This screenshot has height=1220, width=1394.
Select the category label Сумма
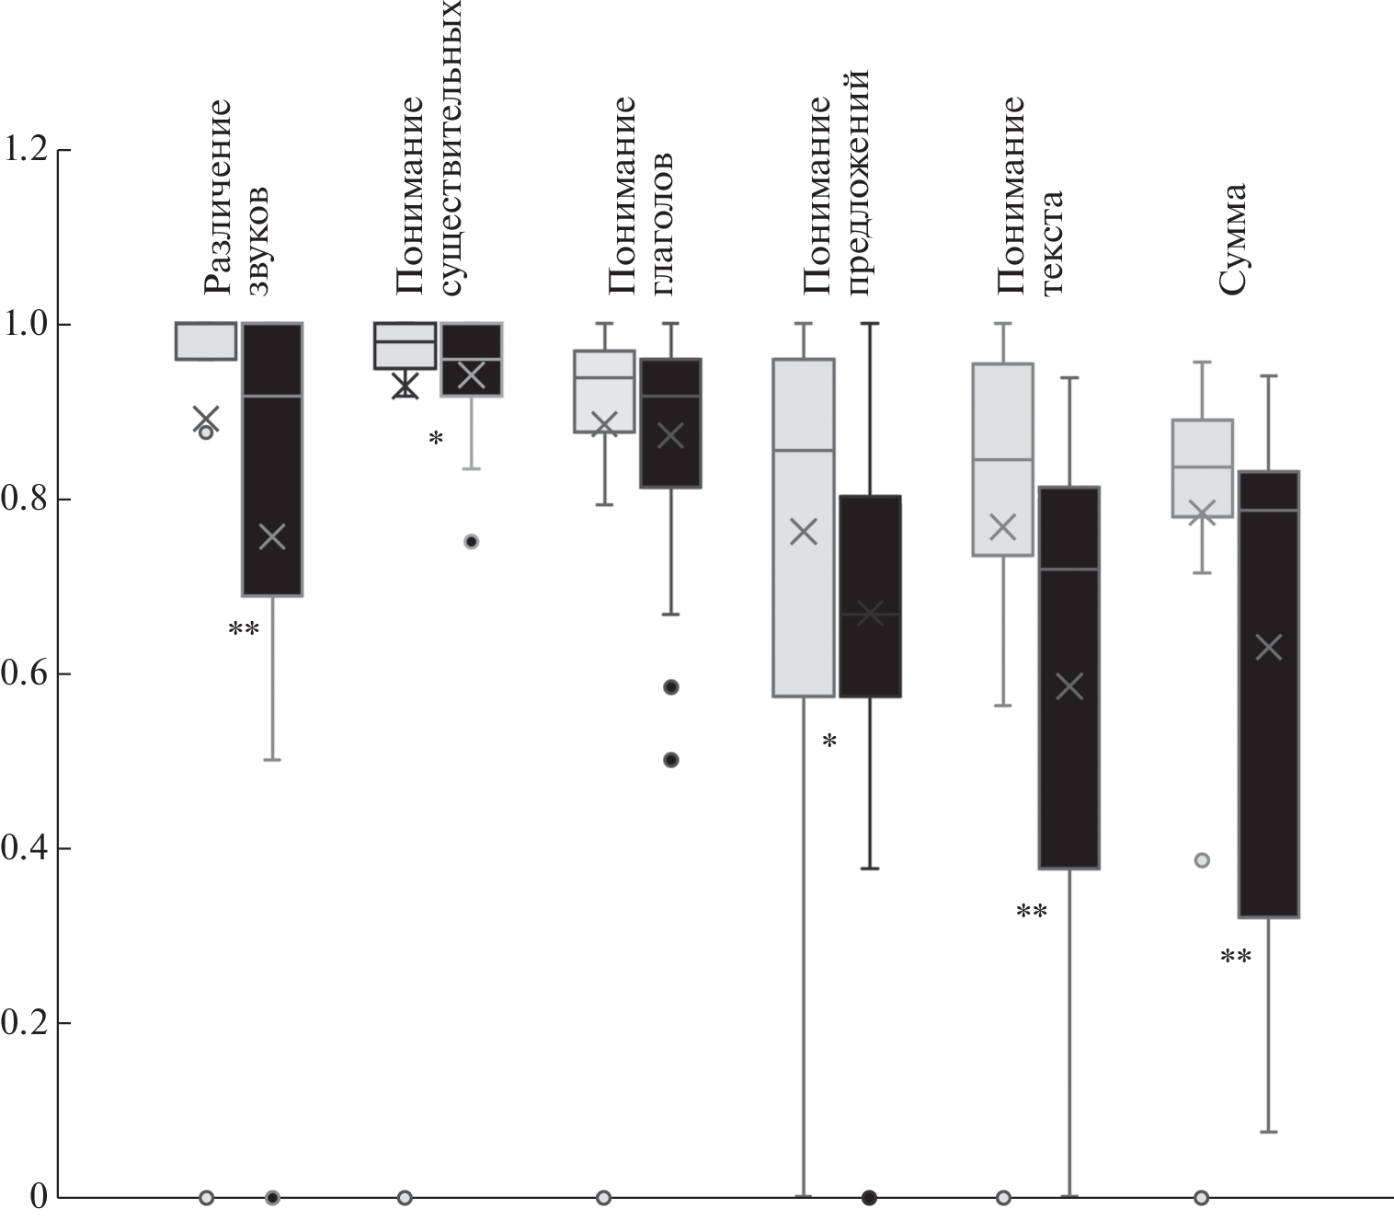click(x=1231, y=238)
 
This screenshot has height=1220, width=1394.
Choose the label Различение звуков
click(x=237, y=197)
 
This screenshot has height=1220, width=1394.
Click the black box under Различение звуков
click(x=272, y=460)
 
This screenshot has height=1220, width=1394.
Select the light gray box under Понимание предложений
click(x=804, y=527)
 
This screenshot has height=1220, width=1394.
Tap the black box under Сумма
click(x=1268, y=694)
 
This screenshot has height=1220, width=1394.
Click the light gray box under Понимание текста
click(x=1003, y=460)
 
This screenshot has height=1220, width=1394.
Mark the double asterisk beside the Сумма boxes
click(x=1235, y=958)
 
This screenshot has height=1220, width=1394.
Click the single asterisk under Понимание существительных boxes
click(x=436, y=440)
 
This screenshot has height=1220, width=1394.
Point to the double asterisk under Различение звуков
click(x=244, y=630)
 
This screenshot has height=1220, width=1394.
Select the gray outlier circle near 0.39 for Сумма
click(x=1202, y=860)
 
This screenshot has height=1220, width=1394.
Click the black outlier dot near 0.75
click(x=471, y=542)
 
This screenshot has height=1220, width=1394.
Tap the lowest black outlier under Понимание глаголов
click(x=671, y=760)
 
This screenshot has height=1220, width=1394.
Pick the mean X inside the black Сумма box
click(x=1268, y=647)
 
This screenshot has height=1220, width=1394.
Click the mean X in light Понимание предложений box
click(x=804, y=531)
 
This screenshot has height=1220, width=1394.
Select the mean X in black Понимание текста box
click(x=1069, y=685)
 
